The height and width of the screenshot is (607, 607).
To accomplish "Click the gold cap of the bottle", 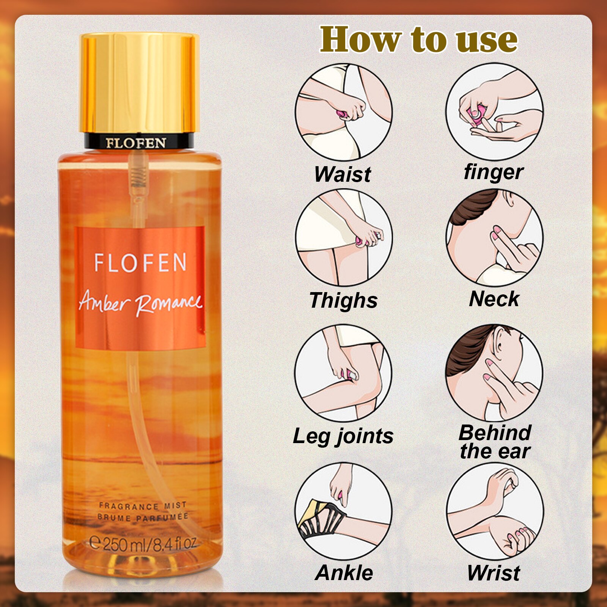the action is [140, 83].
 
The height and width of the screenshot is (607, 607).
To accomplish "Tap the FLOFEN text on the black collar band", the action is [136, 143].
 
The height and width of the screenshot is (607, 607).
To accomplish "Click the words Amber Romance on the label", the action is [140, 302].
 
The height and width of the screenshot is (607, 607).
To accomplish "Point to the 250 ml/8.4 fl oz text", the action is [143, 544].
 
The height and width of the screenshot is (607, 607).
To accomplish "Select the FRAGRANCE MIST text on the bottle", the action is [143, 506].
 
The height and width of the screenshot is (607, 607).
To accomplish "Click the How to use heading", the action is [418, 39].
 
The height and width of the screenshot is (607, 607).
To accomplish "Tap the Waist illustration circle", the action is [344, 112].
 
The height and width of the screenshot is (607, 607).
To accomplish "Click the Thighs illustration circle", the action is [344, 237].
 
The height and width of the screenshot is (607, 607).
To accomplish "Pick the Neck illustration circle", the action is [494, 237].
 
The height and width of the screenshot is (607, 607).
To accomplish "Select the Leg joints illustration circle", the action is [344, 373].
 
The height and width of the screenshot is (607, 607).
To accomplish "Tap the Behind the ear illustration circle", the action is [494, 373].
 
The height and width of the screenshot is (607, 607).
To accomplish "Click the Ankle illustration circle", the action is [344, 511].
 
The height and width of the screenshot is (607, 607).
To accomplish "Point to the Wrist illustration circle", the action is [494, 511].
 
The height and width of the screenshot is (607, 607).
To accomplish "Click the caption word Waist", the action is [343, 174].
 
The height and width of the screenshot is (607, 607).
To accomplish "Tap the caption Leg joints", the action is [343, 436].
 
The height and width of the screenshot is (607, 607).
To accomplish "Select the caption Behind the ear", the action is [495, 442].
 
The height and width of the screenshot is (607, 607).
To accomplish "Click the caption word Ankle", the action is [344, 572].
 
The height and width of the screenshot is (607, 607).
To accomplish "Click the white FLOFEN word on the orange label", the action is [140, 263].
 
